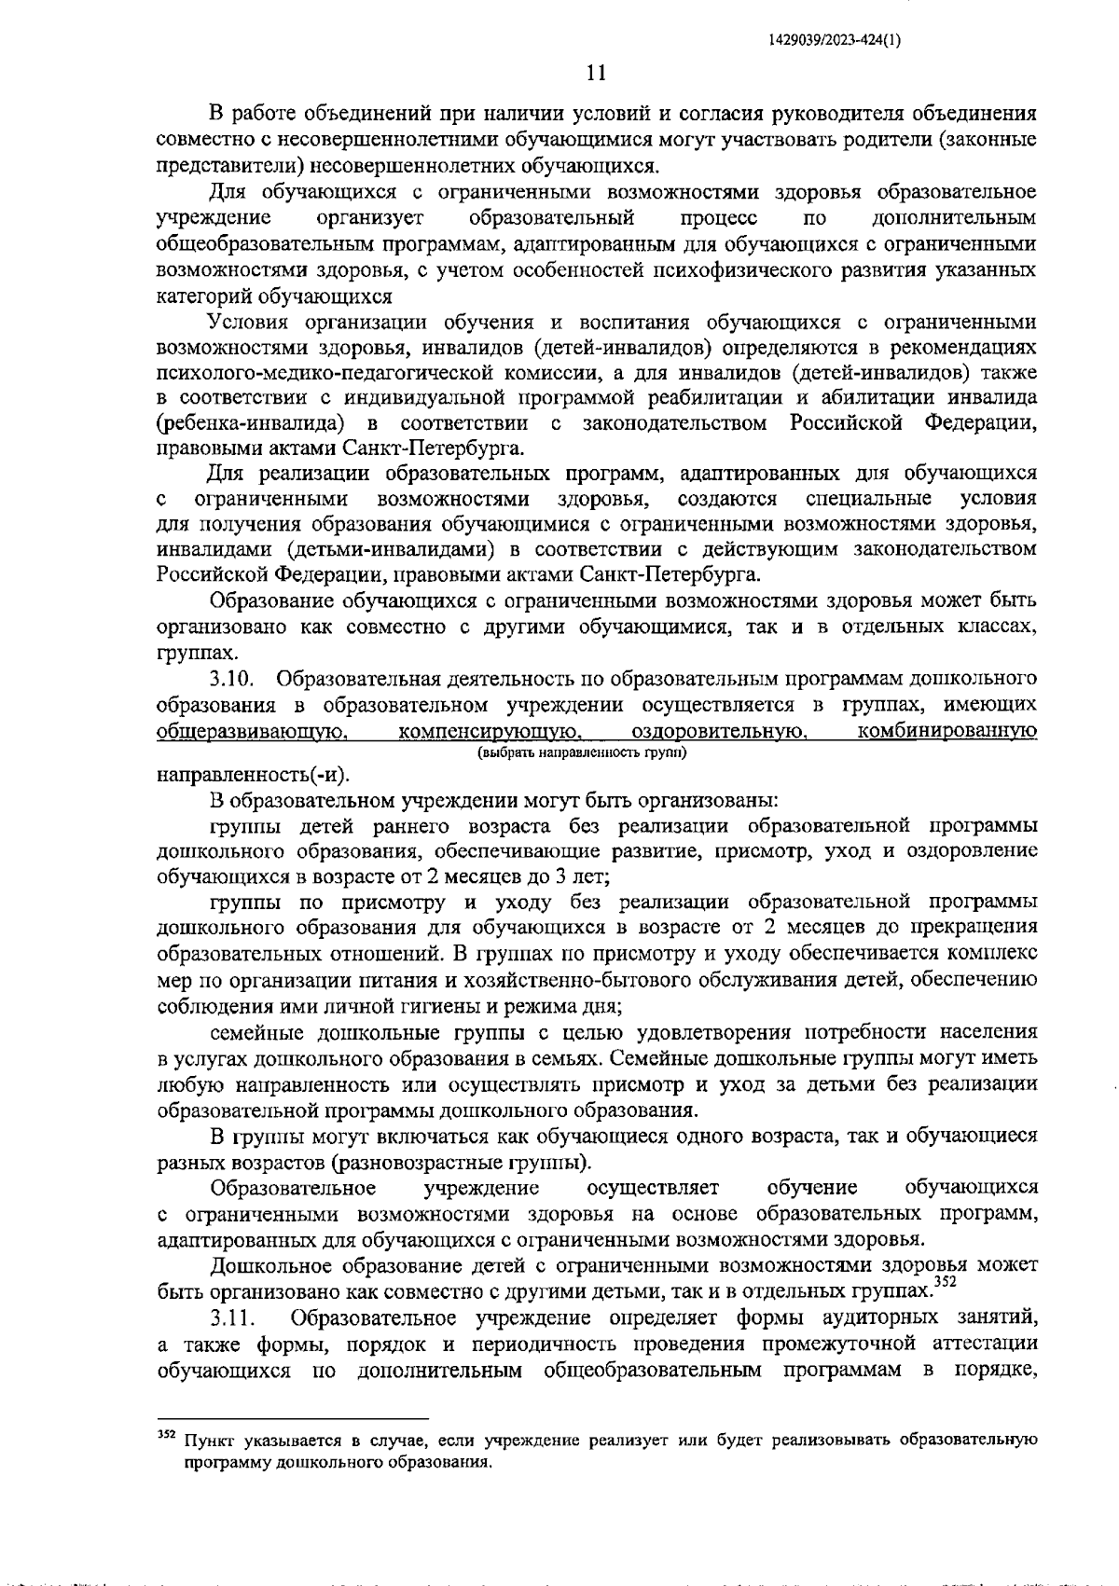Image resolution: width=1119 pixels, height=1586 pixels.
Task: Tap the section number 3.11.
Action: click(239, 1318)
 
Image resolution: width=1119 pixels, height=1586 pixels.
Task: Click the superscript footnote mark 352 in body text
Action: click(946, 1281)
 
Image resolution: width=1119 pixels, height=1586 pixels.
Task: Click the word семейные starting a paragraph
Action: click(255, 1032)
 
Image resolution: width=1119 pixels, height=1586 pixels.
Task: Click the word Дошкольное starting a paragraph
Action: click(264, 1266)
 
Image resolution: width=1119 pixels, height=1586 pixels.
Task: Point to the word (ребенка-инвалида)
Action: click(247, 424)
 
